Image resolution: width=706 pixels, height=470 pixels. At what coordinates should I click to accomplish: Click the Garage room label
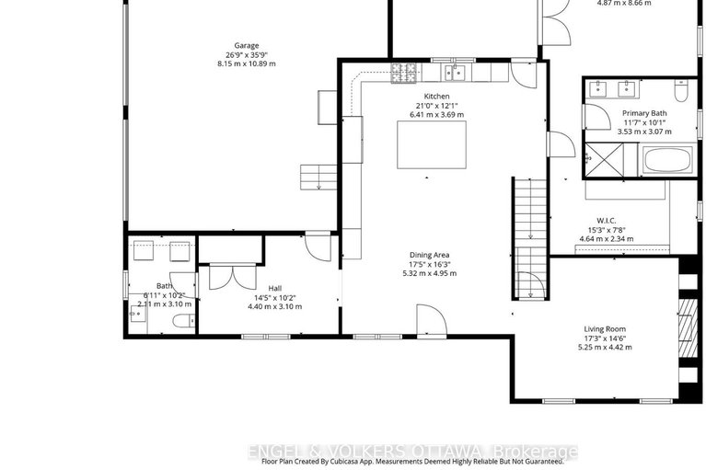246,45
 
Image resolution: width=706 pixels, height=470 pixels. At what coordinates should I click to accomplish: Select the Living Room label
605,328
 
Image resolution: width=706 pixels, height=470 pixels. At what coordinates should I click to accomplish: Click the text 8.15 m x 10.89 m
246,64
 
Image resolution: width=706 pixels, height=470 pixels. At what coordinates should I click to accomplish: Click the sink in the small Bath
138,314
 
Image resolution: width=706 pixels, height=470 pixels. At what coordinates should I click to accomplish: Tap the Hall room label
274,288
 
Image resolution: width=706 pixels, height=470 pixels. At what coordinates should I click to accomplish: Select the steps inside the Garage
316,175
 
